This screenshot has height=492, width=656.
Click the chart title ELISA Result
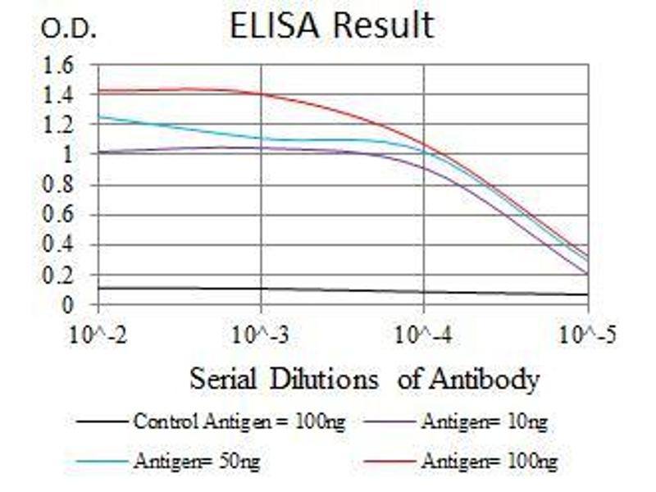pyautogui.click(x=331, y=25)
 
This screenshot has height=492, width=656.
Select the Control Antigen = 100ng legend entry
pyautogui.click(x=238, y=423)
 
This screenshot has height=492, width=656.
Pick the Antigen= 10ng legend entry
pyautogui.click(x=485, y=423)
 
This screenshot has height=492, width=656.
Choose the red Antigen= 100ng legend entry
pyautogui.click(x=490, y=462)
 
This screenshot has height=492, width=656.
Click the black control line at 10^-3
pyautogui.click(x=261, y=289)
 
